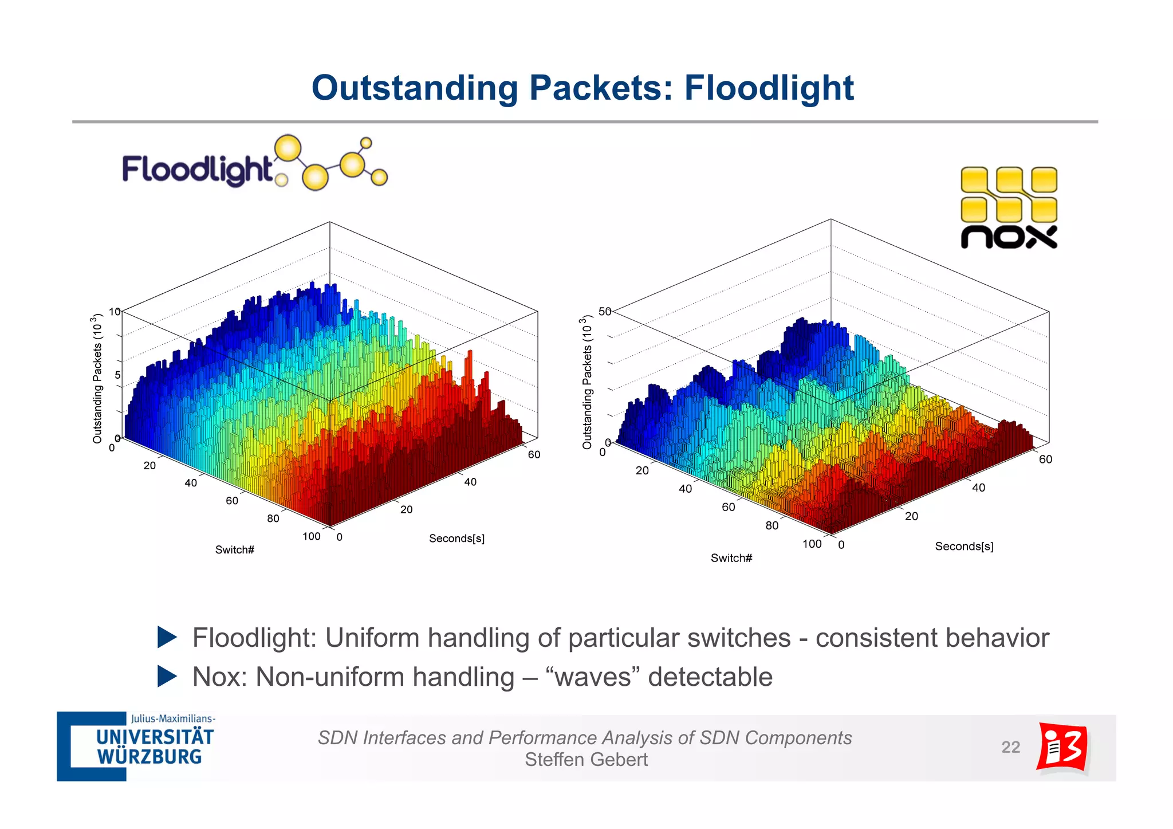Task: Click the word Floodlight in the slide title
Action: (769, 88)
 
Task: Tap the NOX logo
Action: (1009, 208)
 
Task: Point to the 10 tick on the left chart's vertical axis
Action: (115, 312)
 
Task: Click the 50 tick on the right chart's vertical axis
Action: (605, 311)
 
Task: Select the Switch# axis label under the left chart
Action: (234, 550)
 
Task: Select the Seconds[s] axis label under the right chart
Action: (964, 547)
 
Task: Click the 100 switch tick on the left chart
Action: (311, 537)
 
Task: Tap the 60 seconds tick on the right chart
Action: (1045, 459)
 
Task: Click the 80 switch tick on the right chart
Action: (772, 525)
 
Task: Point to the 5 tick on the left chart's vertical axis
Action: (117, 375)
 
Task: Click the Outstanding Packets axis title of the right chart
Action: (586, 382)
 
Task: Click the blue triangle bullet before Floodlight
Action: (167, 638)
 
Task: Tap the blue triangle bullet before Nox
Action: (167, 677)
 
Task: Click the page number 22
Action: (1010, 747)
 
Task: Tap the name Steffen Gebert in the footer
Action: (586, 760)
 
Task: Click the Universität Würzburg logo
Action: (136, 747)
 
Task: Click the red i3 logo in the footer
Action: (1062, 747)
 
